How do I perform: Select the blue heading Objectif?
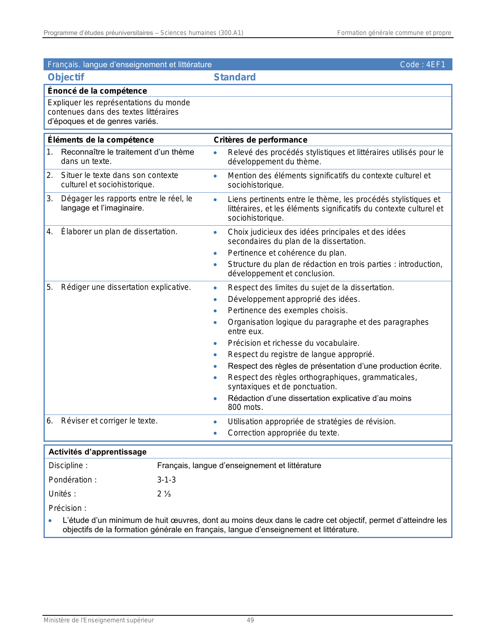point(66,77)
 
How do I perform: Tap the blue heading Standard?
point(235,77)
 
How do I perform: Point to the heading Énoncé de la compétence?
point(97,91)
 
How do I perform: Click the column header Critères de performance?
point(260,140)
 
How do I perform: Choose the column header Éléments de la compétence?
point(100,140)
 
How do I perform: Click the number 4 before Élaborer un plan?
point(49,232)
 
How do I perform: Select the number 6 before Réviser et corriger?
point(49,421)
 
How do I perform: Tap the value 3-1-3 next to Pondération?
point(167,480)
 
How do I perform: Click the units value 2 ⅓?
point(164,494)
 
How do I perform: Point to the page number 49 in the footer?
point(250,620)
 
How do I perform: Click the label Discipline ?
point(68,465)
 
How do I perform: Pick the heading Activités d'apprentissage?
point(97,452)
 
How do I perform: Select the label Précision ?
point(67,508)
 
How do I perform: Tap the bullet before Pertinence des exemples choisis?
point(215,311)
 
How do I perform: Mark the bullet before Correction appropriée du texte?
point(215,433)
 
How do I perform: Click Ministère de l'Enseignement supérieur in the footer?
point(98,620)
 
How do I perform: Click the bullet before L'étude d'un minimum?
point(50,521)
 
